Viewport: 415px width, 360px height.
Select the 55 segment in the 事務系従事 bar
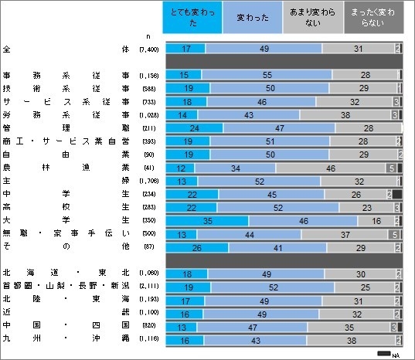point(267,75)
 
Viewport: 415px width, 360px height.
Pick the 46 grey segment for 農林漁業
point(331,167)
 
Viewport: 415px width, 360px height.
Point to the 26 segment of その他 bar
point(197,247)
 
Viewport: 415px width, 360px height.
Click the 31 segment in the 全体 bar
point(358,49)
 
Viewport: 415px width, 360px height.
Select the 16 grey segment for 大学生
point(376,221)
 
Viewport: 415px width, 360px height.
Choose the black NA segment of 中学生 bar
point(397,194)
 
